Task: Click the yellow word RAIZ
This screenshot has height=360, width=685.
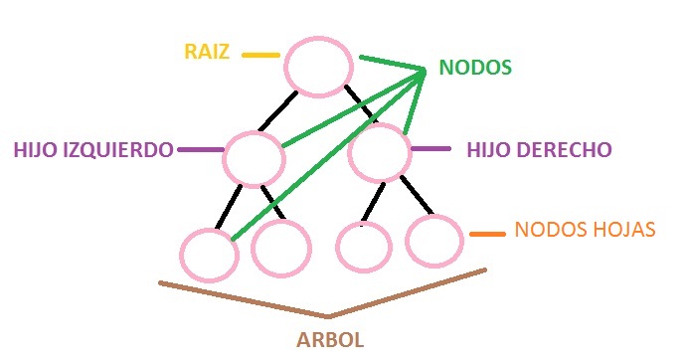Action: (206, 52)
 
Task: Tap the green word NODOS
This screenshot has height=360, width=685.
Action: (475, 69)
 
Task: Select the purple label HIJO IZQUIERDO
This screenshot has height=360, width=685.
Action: (92, 150)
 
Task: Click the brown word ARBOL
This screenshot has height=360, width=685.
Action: (330, 339)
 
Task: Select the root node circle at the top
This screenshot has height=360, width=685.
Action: (318, 67)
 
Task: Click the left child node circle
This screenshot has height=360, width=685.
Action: (254, 157)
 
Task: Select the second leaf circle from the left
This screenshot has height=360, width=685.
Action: (280, 249)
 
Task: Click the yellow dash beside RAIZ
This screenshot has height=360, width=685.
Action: (259, 54)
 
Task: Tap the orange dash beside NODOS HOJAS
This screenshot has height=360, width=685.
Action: (487, 235)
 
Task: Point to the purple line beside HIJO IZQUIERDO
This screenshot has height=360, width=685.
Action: (199, 150)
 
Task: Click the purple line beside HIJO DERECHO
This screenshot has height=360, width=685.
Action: (429, 149)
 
